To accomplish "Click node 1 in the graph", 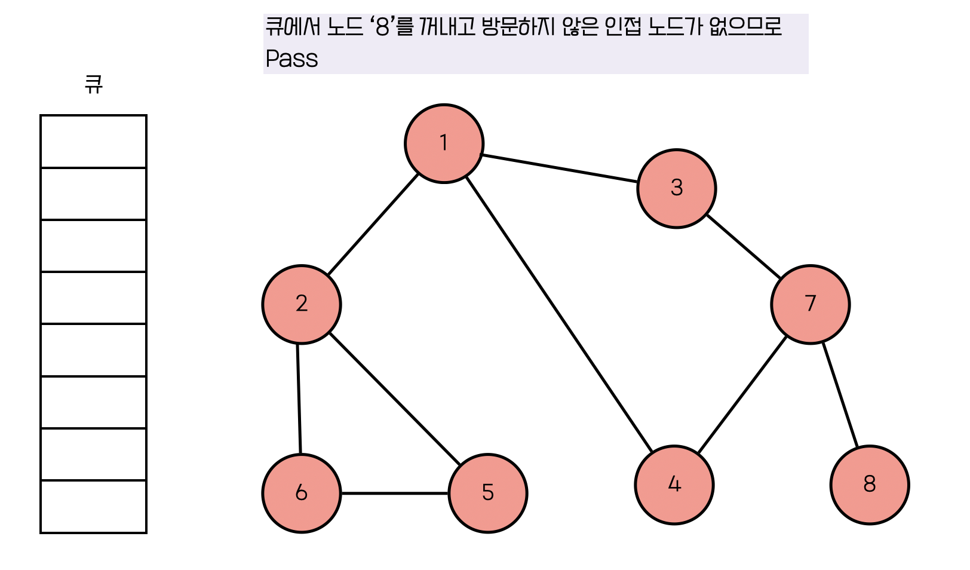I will pos(444,143).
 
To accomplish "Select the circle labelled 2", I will pos(302,304).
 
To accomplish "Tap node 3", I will pos(677,188).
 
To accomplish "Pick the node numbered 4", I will pos(674,485).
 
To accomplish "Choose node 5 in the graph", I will pos(488,493).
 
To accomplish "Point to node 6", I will pos(302,493).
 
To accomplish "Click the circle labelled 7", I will pos(811,304).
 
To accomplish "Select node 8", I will pos(870,485).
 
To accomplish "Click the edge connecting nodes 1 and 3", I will pos(560,168).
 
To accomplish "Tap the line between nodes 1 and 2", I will pos(373,224).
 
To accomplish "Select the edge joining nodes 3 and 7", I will pos(743,246).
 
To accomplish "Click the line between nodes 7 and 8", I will pos(840,394).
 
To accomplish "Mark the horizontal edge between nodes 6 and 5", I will pos(395,493).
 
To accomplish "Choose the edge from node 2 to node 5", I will pos(395,399).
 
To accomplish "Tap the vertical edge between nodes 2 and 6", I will pos(299,399).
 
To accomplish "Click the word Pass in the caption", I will pos(291,59).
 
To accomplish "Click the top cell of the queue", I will pos(93,142).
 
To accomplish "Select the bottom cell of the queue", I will pos(93,506).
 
